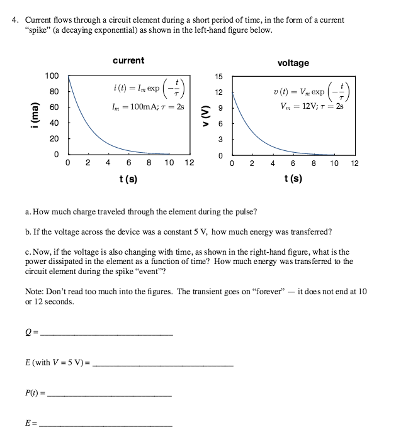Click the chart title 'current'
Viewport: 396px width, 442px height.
128,60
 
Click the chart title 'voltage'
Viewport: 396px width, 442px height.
293,63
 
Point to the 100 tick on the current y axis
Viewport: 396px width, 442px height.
52,76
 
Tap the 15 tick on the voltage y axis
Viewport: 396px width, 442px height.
219,77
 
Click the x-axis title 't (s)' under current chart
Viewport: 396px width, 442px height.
128,179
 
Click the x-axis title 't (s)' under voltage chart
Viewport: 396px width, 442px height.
293,179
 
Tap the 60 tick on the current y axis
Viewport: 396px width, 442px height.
54,108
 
